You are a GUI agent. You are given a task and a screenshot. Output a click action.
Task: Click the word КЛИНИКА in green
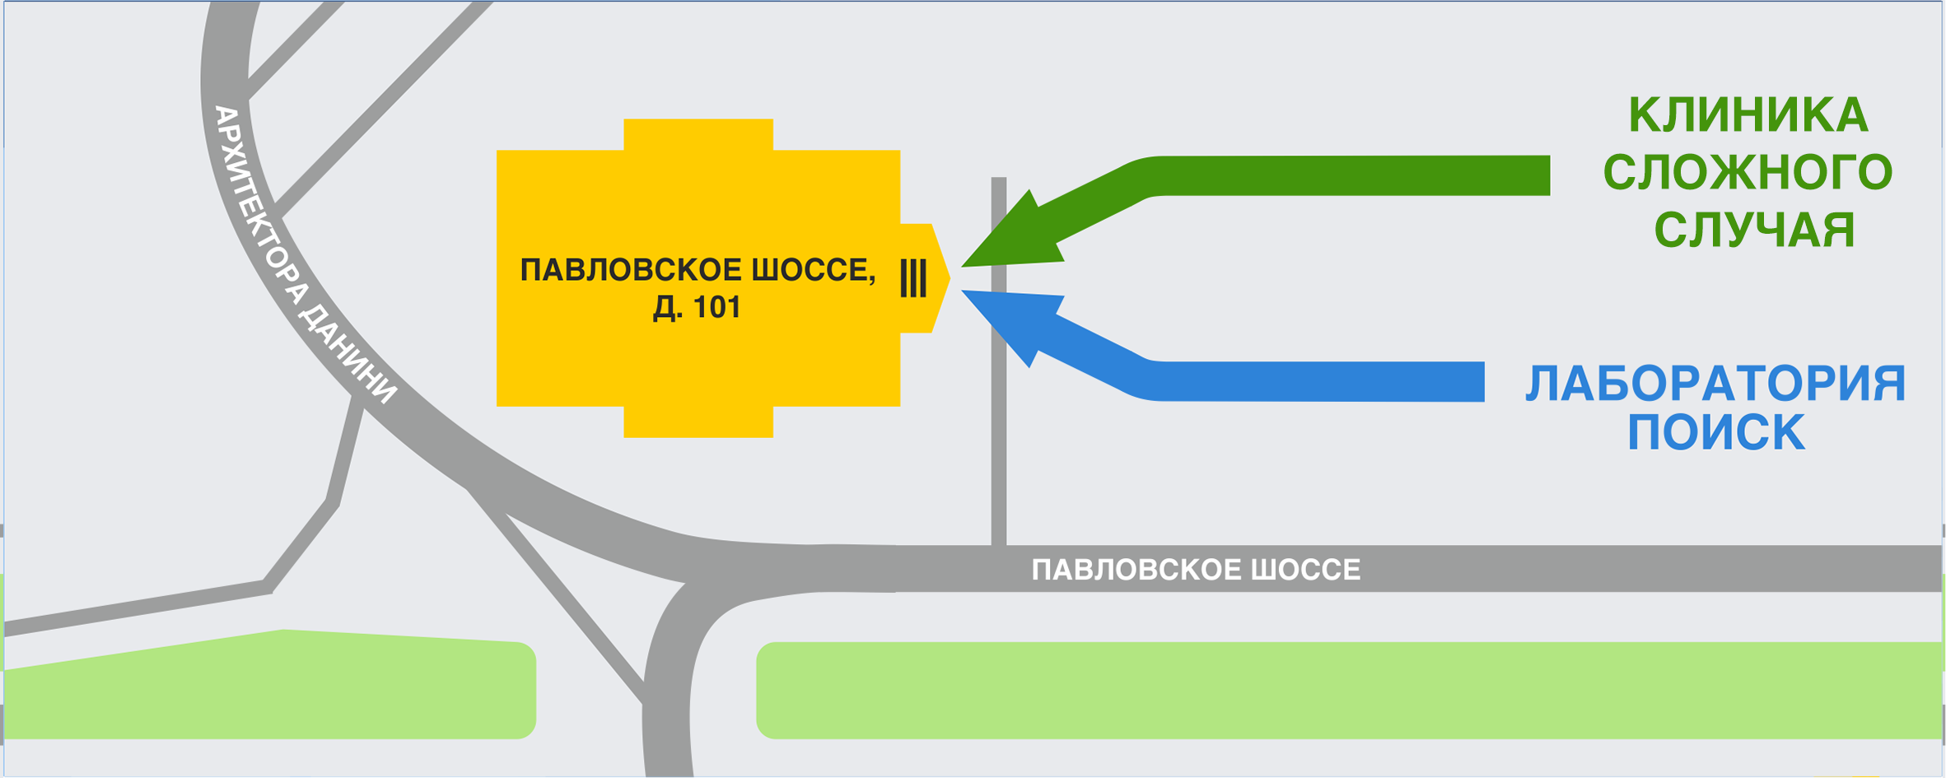click(x=1748, y=115)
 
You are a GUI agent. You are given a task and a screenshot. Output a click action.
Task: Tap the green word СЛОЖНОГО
click(x=1748, y=173)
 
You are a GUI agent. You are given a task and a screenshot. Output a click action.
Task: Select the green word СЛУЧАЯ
click(x=1754, y=230)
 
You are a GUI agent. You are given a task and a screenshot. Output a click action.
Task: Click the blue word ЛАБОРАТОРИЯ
click(x=1716, y=384)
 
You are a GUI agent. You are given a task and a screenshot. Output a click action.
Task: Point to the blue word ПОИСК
click(x=1716, y=433)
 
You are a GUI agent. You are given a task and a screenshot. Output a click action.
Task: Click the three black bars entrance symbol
click(x=913, y=278)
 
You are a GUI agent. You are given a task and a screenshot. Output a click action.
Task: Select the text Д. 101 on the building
click(x=697, y=308)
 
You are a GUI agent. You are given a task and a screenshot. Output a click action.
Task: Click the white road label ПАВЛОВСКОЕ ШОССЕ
click(x=1196, y=570)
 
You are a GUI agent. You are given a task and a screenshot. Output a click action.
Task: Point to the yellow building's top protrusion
click(x=698, y=134)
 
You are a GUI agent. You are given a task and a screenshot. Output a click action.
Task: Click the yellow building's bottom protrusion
click(x=698, y=422)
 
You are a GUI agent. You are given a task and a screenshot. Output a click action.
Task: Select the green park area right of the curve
click(x=1318, y=690)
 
